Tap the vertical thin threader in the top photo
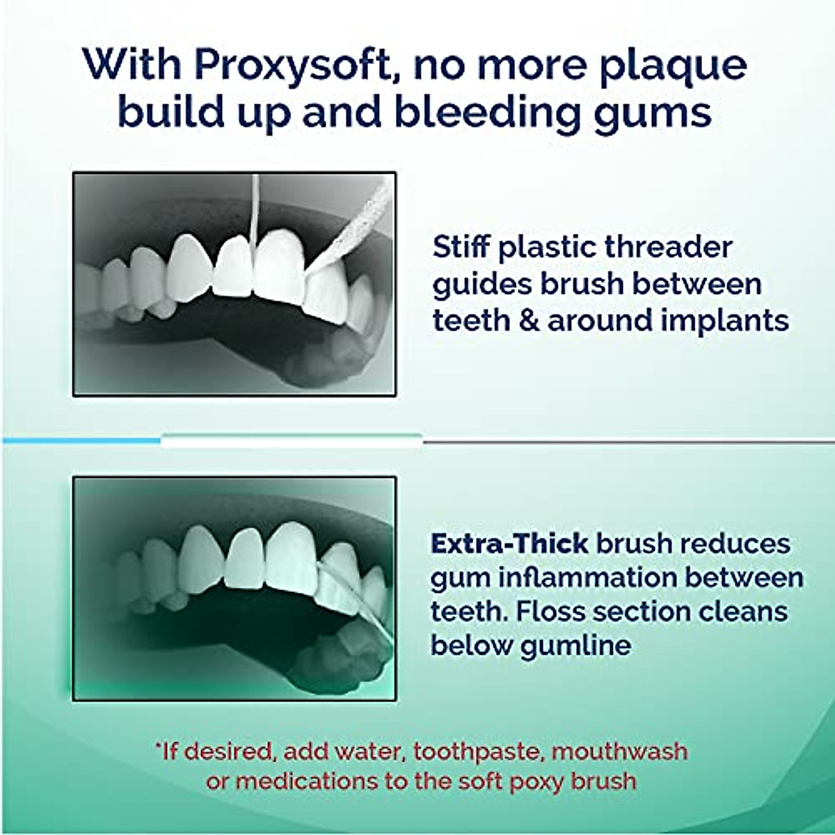click(x=255, y=209)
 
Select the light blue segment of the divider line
click(x=81, y=440)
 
